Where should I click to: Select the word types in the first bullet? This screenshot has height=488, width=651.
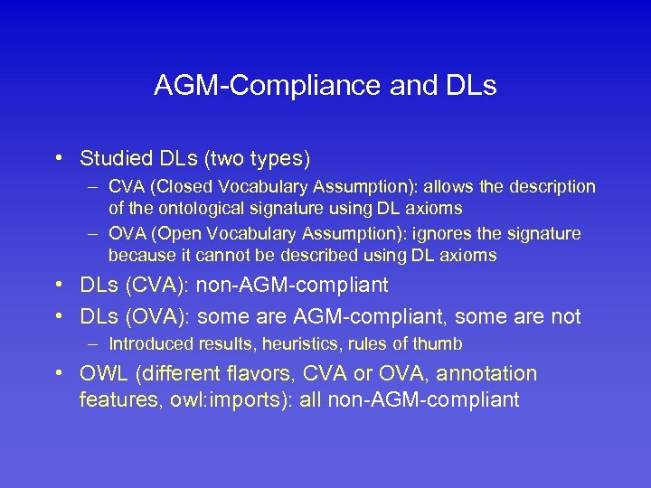(278, 159)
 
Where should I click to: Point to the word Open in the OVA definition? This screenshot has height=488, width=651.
(171, 234)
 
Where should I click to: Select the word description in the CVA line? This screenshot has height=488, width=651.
(552, 187)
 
